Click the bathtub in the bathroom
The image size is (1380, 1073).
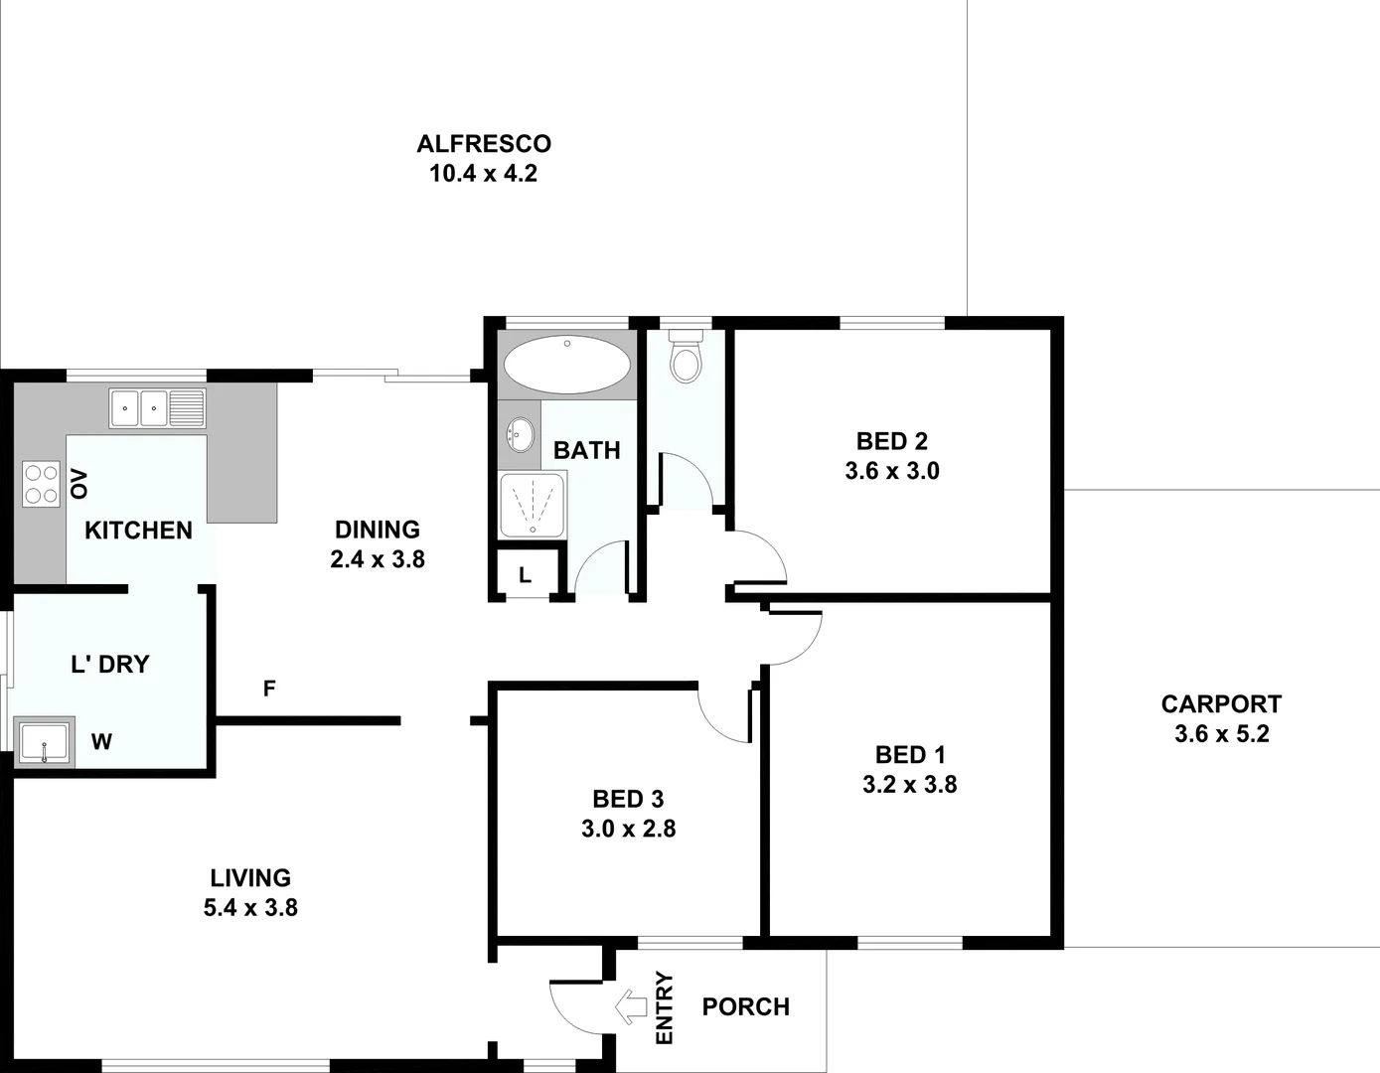point(566,365)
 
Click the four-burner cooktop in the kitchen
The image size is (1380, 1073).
point(41,484)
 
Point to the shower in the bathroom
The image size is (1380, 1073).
point(532,504)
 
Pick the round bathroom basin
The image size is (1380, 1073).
point(519,434)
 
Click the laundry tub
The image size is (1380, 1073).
point(44,742)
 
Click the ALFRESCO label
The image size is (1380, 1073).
point(484,144)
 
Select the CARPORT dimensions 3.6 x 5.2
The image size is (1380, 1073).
point(1221,734)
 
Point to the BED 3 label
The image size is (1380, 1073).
point(628,799)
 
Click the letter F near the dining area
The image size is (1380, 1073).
point(269,689)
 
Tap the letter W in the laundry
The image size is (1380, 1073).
point(101,741)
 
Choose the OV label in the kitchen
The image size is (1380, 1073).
point(79,484)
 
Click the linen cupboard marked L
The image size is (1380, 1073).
point(525,575)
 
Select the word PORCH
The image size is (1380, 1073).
point(745,1006)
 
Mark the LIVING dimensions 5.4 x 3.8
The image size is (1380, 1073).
point(250,908)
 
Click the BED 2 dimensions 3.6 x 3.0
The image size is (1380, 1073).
point(892,471)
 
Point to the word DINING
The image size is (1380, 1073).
point(377,530)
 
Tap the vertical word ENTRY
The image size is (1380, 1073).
point(665,1007)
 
